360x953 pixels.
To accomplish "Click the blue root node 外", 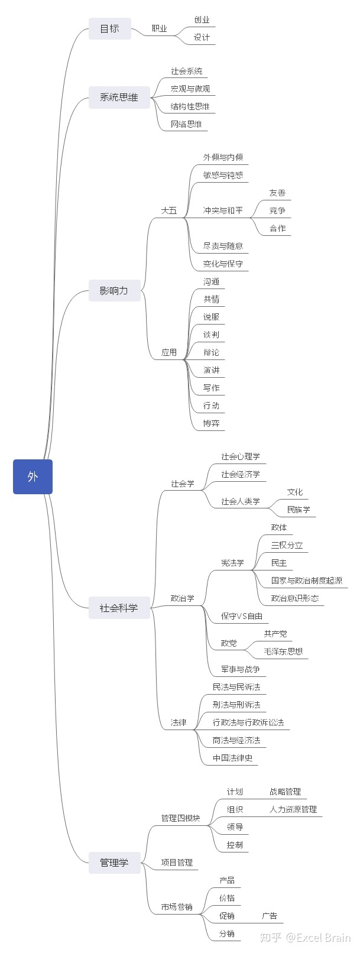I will pyautogui.click(x=33, y=476).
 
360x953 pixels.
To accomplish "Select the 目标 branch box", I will pyautogui.click(x=109, y=28).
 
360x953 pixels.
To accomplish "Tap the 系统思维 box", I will pyautogui.click(x=119, y=98).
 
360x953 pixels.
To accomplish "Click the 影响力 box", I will pyautogui.click(x=114, y=290).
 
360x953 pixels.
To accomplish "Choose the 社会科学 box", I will pyautogui.click(x=119, y=608).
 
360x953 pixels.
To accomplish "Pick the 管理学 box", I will pyautogui.click(x=114, y=863).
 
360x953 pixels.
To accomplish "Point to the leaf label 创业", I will pyautogui.click(x=202, y=20).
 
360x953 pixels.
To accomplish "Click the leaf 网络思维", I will pyautogui.click(x=186, y=124).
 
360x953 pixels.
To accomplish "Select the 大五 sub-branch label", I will pyautogui.click(x=169, y=210).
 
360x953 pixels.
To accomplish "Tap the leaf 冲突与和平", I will pyautogui.click(x=223, y=210).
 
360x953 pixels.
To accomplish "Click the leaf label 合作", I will pyautogui.click(x=277, y=228).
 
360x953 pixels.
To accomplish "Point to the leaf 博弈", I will pyautogui.click(x=211, y=423).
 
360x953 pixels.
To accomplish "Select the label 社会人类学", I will pyautogui.click(x=241, y=501).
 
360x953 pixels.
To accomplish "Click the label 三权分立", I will pyautogui.click(x=287, y=545).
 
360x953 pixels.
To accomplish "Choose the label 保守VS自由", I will pyautogui.click(x=242, y=616).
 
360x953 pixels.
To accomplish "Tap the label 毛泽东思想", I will pyautogui.click(x=283, y=651).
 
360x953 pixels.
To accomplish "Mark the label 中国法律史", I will pyautogui.click(x=232, y=758).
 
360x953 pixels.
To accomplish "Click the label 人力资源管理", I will pyautogui.click(x=293, y=809).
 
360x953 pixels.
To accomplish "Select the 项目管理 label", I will pyautogui.click(x=177, y=863).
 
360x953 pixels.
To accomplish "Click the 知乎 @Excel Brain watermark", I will pyautogui.click(x=306, y=938).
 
